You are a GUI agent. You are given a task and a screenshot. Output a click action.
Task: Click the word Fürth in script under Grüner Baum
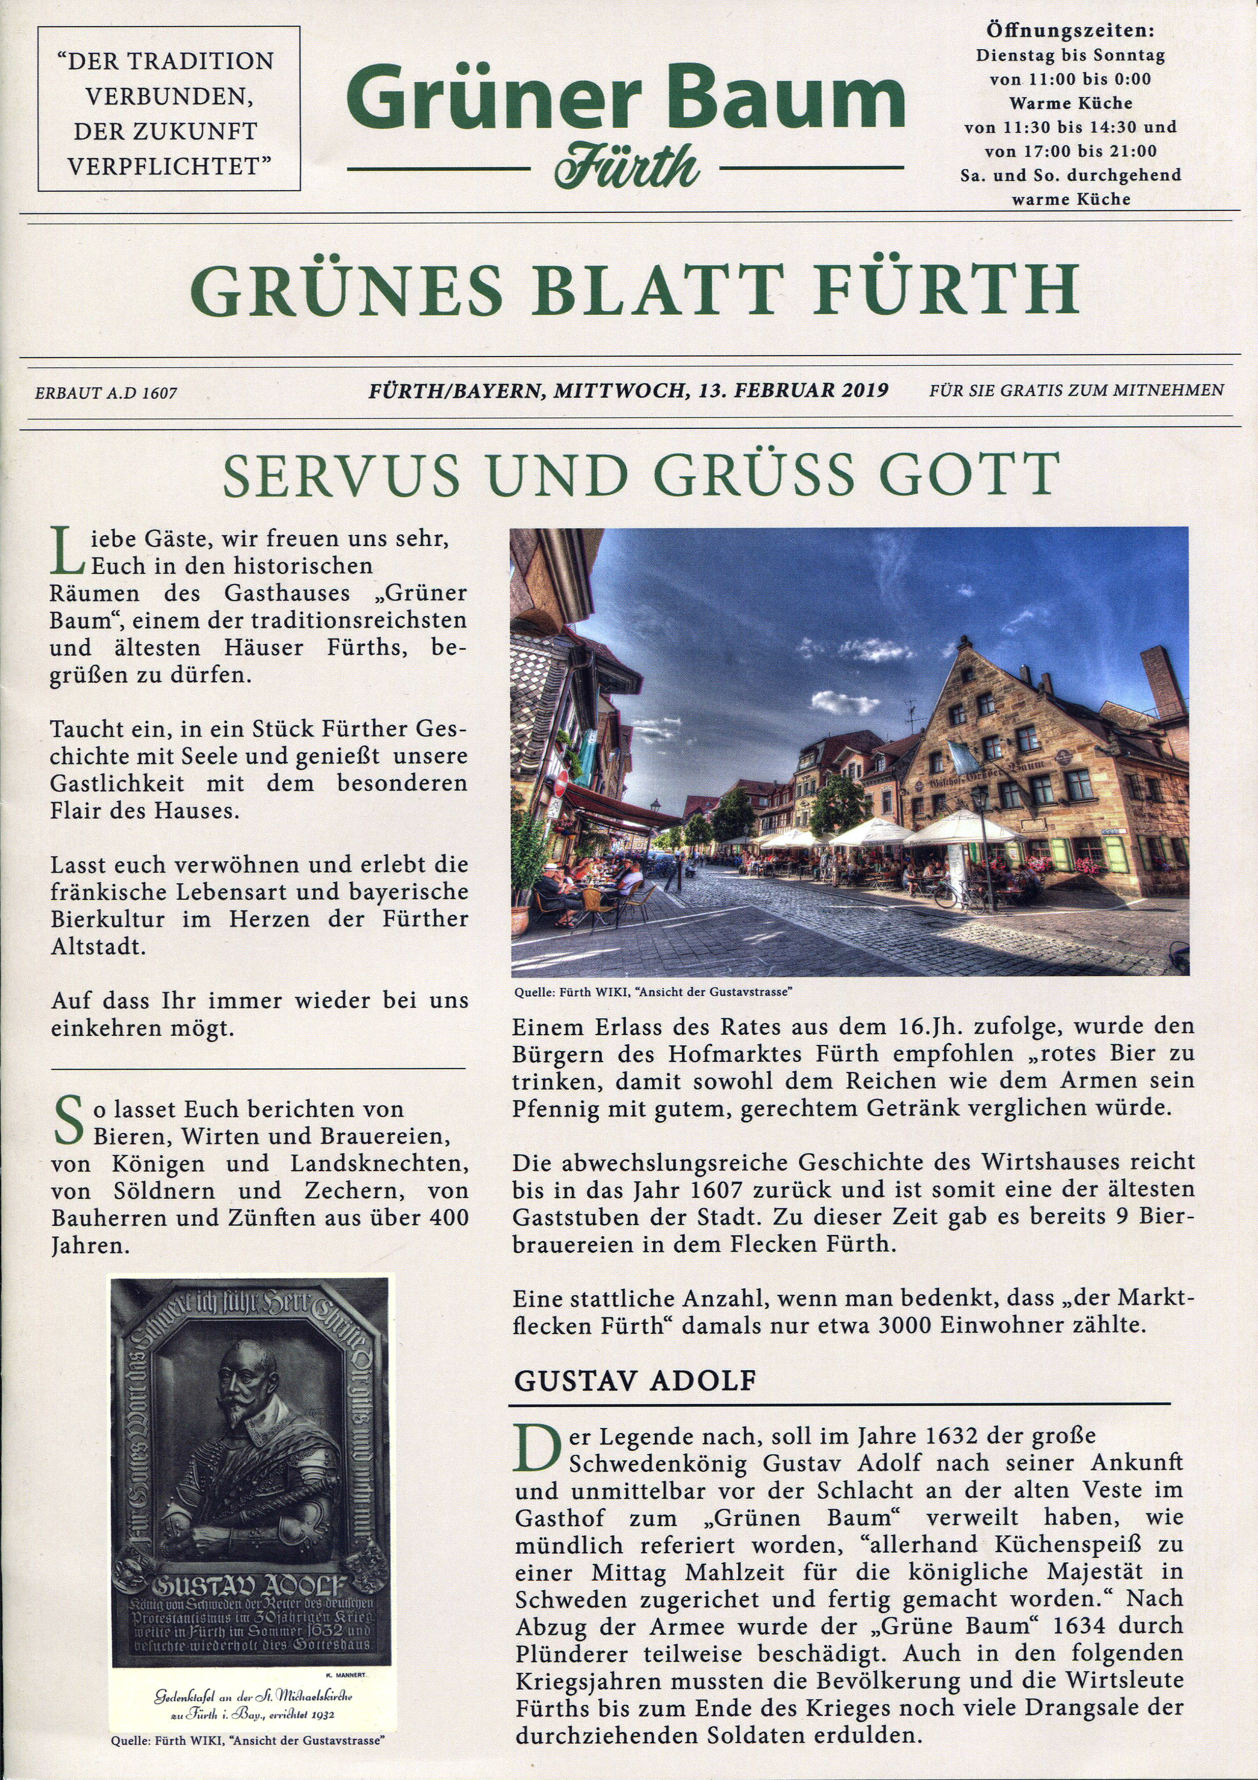(x=627, y=165)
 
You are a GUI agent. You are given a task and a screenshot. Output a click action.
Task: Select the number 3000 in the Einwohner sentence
(x=905, y=1325)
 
